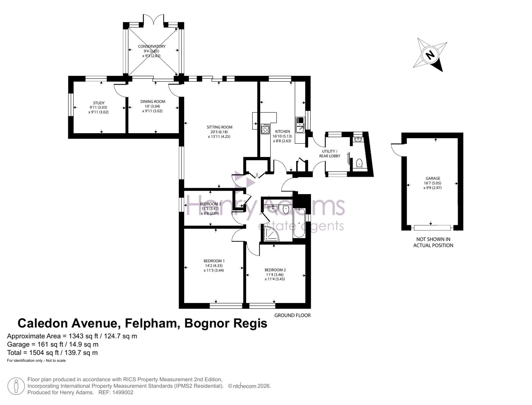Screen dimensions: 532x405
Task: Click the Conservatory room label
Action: (x=152, y=46)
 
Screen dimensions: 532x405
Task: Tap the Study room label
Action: (x=99, y=103)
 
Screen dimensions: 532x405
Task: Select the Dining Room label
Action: (x=153, y=101)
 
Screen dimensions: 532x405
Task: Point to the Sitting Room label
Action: (x=219, y=127)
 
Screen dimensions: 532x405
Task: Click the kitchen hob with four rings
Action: (x=265, y=129)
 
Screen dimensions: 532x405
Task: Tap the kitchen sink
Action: (x=300, y=125)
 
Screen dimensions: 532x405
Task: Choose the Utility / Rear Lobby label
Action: (x=330, y=154)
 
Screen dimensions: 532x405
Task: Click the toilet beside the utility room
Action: (x=359, y=163)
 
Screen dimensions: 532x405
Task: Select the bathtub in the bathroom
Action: (x=299, y=223)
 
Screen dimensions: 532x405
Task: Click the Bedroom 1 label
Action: (x=214, y=261)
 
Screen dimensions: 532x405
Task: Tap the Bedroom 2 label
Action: (x=275, y=270)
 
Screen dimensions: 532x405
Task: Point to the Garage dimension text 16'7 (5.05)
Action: (x=433, y=183)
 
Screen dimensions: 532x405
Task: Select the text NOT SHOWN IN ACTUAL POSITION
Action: (x=433, y=242)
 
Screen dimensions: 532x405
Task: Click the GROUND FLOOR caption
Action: (x=292, y=316)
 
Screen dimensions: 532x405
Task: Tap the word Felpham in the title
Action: (x=151, y=324)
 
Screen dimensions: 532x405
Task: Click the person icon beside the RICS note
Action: (x=16, y=386)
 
